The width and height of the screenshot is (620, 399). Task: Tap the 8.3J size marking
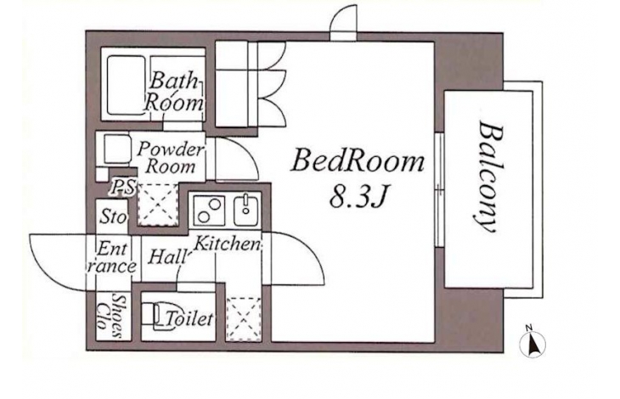point(358,196)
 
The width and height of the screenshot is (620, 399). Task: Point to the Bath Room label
point(174,91)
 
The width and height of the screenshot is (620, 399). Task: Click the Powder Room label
point(171,158)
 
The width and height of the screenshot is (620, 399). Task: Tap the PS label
point(123,186)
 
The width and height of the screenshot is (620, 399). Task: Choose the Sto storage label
point(114,216)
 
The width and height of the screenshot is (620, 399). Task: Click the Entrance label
point(112,257)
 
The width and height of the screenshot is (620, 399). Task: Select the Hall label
point(167,257)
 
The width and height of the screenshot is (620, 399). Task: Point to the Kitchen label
point(227,244)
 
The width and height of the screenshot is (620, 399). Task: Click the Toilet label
point(189,318)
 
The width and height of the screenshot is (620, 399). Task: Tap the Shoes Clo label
point(110,316)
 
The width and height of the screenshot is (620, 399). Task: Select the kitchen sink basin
point(246,211)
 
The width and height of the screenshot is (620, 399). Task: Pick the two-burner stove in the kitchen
point(209,211)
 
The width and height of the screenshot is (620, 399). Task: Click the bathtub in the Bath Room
point(127,86)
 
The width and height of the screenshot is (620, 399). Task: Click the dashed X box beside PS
point(158,205)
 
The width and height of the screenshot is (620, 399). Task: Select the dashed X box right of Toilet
point(244,319)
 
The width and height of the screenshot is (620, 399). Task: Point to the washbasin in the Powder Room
point(117,149)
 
